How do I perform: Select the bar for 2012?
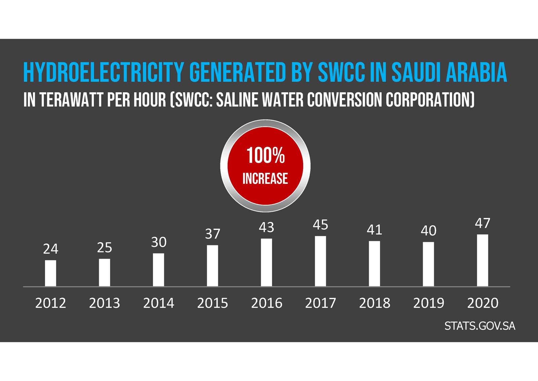coord(50,273)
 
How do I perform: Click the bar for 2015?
coord(213,266)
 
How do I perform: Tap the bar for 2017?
coord(320,261)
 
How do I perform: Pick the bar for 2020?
coord(483,260)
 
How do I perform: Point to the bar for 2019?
coord(428,264)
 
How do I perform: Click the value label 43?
coord(266,227)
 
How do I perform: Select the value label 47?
coord(483,223)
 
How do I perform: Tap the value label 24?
coord(50,249)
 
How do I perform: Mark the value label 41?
coord(374,230)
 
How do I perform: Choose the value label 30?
coord(158,242)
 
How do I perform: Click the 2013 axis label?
coord(104,303)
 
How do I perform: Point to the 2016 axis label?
coord(266,303)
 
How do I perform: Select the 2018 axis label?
coord(374,303)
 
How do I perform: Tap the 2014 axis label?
coord(158,303)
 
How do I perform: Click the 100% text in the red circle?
coord(265,156)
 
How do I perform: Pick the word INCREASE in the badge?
coord(265,179)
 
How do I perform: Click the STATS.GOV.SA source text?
coord(479,326)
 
